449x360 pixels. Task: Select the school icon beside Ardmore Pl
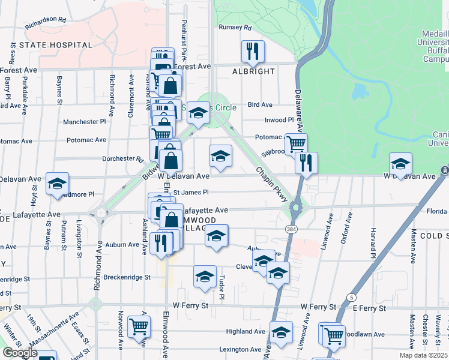click(57, 184)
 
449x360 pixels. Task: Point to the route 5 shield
click(351, 298)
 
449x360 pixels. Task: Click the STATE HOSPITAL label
click(55, 45)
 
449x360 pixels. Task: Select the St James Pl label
click(191, 193)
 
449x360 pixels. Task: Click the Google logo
click(20, 352)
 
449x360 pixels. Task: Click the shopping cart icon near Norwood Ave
click(139, 328)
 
